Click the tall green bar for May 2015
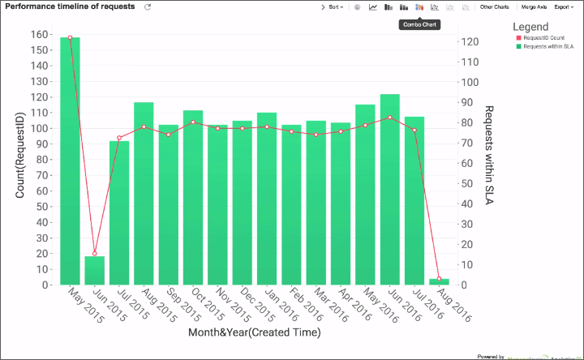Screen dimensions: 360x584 [70, 162]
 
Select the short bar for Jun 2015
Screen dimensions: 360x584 [94, 271]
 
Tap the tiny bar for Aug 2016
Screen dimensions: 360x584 [439, 282]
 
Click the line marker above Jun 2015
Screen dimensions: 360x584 [94, 254]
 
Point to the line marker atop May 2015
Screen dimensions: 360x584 [70, 38]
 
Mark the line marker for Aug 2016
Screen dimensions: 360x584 [439, 279]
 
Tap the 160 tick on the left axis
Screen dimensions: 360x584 [38, 35]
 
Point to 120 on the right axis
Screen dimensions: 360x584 [468, 41]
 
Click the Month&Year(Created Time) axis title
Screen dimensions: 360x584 [254, 332]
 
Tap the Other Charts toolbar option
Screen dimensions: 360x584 [495, 6]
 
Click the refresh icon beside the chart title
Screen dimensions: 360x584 [148, 6]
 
